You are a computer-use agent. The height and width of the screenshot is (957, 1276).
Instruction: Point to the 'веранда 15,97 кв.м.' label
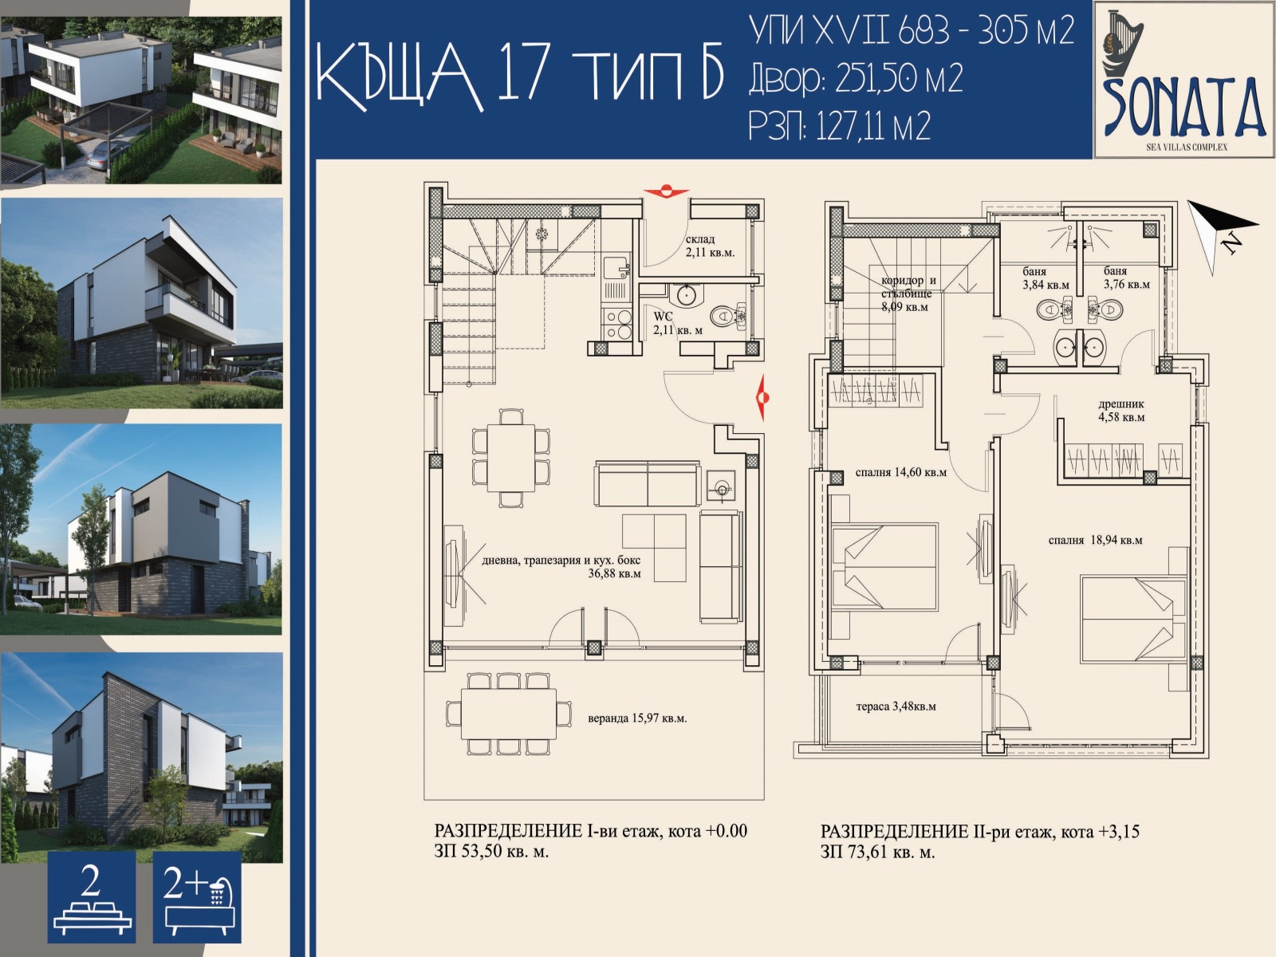(637, 719)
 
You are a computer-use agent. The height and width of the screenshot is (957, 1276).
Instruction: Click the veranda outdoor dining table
(509, 714)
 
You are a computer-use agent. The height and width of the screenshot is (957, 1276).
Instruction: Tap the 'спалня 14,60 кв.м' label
(900, 472)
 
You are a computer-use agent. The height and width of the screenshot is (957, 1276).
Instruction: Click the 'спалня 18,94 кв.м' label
(1095, 541)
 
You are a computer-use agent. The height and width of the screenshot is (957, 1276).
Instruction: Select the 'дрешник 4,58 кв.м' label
(1121, 410)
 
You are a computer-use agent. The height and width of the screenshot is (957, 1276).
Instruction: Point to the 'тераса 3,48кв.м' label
(896, 707)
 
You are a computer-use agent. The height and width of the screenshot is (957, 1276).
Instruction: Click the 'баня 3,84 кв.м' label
(1046, 278)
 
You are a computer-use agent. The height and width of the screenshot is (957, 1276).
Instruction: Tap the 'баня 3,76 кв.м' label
(1127, 278)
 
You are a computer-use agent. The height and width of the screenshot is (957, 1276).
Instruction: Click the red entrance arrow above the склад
(666, 191)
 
